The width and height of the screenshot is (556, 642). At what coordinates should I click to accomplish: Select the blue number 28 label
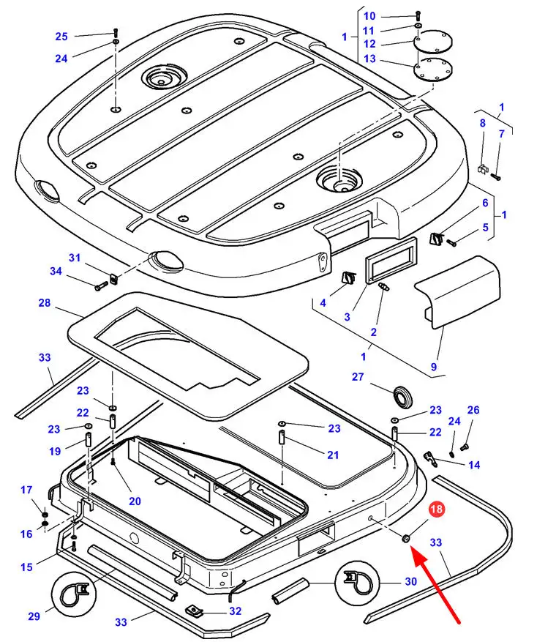[44, 302]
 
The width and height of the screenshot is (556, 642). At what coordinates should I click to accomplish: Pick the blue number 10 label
[369, 16]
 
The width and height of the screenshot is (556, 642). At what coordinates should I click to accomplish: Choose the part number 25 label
[61, 37]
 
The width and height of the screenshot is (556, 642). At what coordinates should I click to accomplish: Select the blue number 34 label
[56, 272]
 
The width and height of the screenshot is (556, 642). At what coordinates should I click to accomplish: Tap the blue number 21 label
[333, 455]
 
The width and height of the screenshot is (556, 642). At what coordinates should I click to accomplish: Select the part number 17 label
[26, 490]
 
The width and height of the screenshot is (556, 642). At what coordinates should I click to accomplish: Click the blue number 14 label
[474, 465]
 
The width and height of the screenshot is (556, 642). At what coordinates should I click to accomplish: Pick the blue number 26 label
[473, 410]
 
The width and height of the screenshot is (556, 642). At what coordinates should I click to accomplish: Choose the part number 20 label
[135, 501]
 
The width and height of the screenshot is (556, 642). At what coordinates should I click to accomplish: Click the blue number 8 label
[482, 123]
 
